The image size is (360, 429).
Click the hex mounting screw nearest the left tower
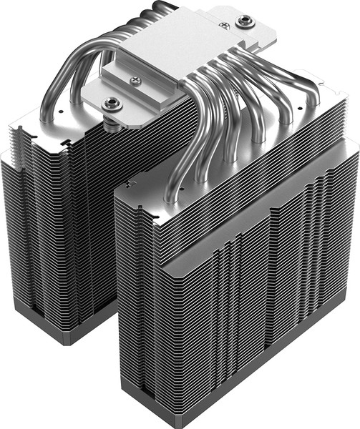[x=112, y=104]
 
